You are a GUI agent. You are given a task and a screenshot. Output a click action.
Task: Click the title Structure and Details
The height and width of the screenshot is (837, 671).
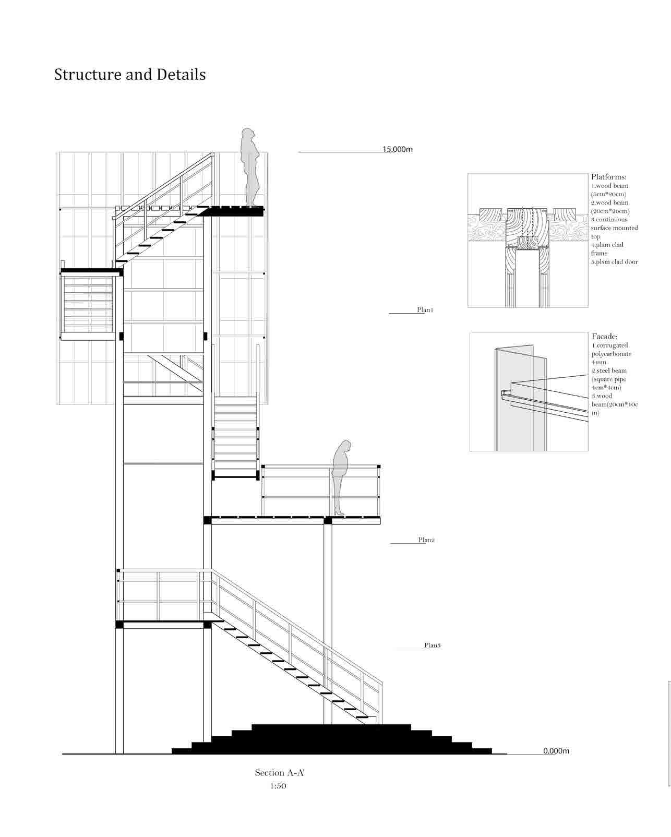[130, 75]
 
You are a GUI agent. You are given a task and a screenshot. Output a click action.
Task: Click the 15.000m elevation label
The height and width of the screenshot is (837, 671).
[397, 149]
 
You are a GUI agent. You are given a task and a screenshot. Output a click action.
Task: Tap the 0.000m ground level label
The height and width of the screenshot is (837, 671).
[556, 751]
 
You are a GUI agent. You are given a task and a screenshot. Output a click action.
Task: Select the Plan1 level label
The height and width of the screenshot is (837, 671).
[425, 310]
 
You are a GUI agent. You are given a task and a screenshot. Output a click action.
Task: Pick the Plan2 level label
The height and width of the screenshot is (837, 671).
[426, 540]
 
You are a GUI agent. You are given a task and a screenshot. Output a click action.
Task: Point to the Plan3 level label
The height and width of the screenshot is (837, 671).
[432, 645]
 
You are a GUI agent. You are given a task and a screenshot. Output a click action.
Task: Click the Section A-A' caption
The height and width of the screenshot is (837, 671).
[279, 773]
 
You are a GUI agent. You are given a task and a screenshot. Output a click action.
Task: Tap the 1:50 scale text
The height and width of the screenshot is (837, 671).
[278, 786]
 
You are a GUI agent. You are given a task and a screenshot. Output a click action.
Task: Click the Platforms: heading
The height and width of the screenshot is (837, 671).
[608, 177]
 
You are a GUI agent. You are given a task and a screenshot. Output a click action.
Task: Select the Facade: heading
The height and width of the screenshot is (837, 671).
[604, 337]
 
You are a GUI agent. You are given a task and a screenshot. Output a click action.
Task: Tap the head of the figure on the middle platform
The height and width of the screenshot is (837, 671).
[345, 446]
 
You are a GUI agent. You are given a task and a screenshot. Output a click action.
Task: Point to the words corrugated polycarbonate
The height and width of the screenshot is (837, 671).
[612, 350]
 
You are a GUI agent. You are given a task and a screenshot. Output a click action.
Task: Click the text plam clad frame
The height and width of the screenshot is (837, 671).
[607, 249]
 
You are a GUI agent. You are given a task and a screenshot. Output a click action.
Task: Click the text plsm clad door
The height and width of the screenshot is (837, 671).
[614, 262]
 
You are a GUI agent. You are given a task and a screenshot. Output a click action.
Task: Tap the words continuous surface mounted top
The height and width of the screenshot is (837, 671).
[614, 228]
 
